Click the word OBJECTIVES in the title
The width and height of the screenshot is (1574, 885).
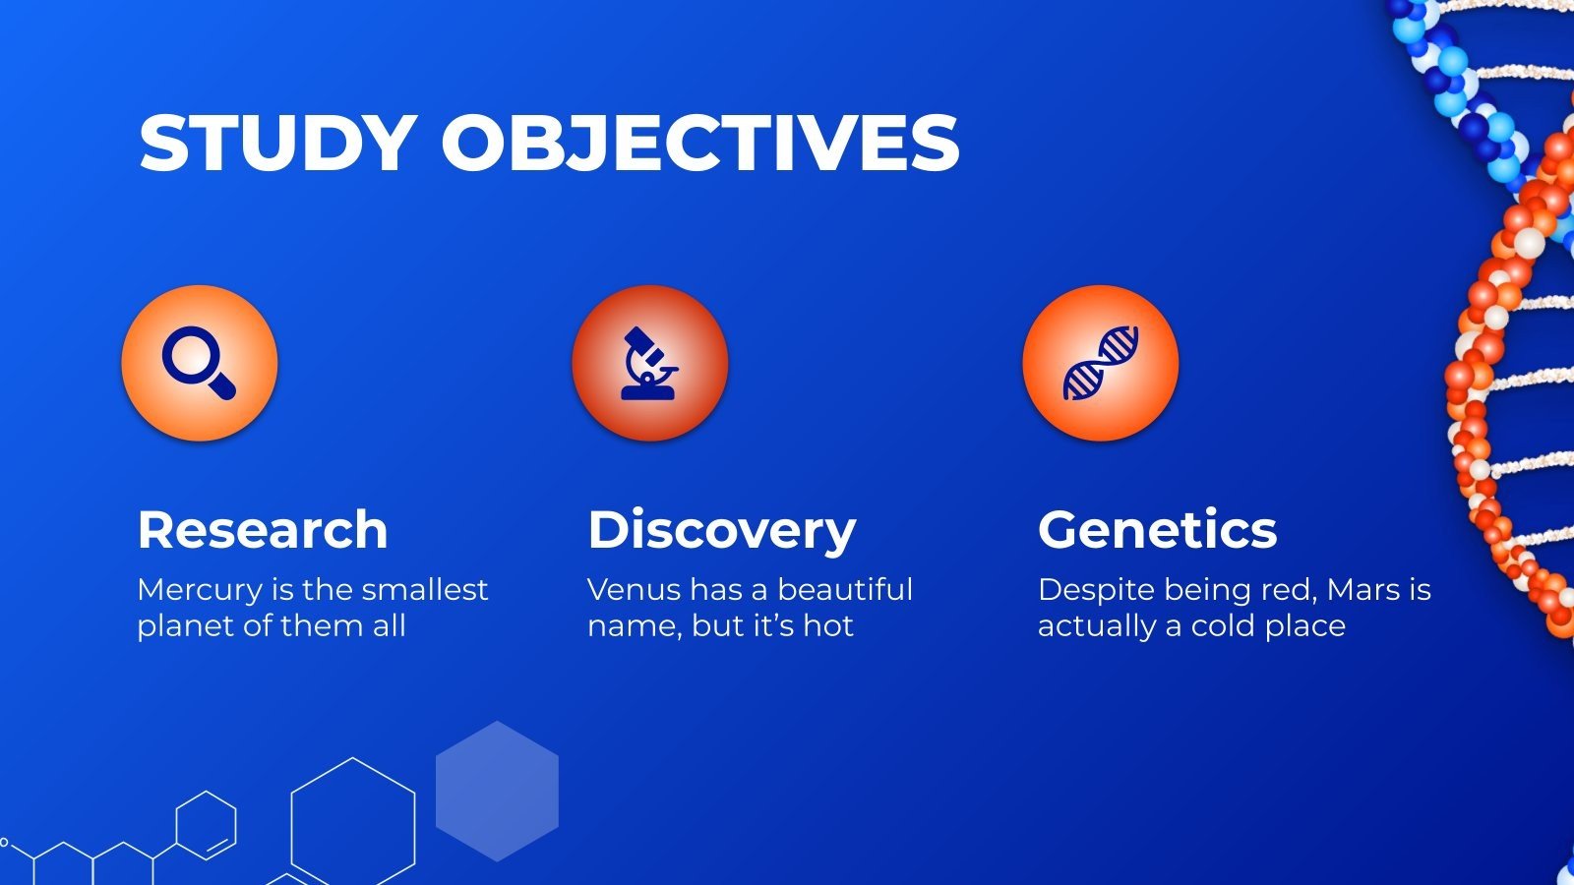[x=699, y=144]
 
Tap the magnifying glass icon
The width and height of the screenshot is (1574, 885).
[x=200, y=364]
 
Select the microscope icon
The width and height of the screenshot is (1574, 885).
[x=650, y=364]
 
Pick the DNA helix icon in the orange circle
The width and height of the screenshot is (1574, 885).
[x=1101, y=364]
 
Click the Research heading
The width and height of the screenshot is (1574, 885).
[x=263, y=530]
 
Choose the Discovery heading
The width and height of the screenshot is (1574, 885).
[x=722, y=530]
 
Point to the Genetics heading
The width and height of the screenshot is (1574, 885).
[x=1157, y=530]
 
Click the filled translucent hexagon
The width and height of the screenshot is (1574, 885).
[x=497, y=792]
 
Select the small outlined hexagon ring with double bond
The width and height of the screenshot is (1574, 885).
[x=206, y=825]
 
